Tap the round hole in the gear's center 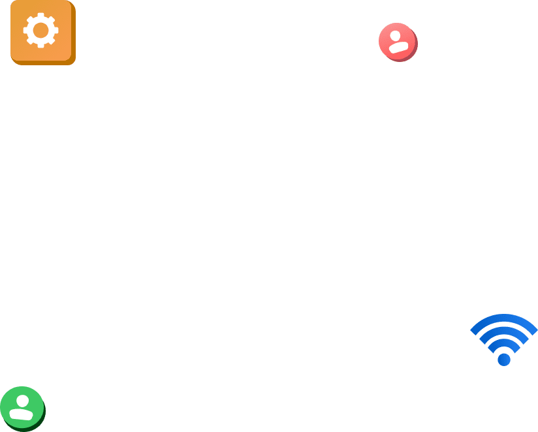pos(41,30)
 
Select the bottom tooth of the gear pos(41,45)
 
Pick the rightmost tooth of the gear pos(56,30)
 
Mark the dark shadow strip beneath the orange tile pos(44,63)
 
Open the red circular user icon pos(398,42)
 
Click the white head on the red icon pos(395,36)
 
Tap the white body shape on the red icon pos(398,47)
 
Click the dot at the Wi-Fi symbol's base pos(504,359)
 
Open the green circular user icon pos(22,407)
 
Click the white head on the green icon pos(23,401)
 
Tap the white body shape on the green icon pos(22,414)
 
